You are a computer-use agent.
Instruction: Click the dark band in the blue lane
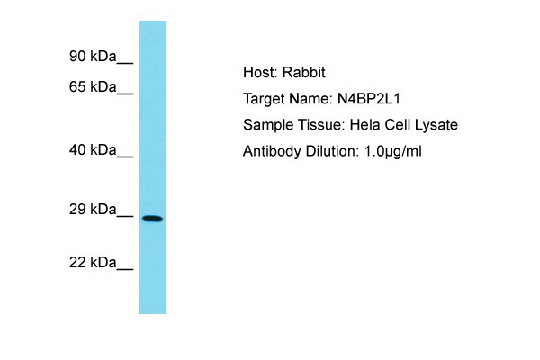153,219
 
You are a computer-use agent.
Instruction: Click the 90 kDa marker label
93,56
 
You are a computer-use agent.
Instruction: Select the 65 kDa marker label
93,86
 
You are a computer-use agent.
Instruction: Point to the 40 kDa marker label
93,150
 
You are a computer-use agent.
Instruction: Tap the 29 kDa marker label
93,210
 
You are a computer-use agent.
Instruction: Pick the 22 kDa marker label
93,263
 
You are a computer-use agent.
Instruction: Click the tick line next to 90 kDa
125,63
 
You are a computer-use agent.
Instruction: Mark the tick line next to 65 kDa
125,94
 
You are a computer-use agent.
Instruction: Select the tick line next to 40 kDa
125,157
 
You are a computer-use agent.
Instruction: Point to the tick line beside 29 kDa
125,216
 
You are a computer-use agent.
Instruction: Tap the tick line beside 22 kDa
125,269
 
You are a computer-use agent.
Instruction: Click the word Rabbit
304,72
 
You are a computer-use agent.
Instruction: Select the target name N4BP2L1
368,99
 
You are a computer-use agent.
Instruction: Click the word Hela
365,125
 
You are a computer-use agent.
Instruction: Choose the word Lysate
436,125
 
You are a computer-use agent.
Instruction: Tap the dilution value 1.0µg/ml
393,151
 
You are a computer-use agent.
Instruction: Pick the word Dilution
332,151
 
